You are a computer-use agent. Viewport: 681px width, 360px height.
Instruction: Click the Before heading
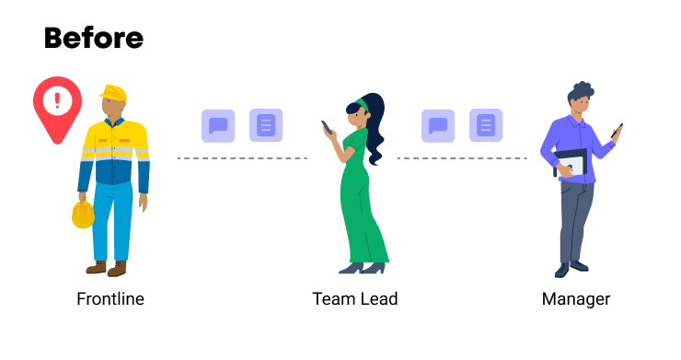pos(94,38)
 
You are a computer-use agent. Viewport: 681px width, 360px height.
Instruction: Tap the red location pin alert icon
pos(57,104)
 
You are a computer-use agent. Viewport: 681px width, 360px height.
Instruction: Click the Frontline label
pos(110,299)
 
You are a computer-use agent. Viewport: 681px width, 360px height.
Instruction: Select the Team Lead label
pos(355,299)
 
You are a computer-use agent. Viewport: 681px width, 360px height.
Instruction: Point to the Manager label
pos(576,299)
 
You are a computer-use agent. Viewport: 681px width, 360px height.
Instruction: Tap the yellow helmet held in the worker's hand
pos(83,215)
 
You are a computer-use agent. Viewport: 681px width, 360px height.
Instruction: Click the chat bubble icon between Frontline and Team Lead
pos(219,125)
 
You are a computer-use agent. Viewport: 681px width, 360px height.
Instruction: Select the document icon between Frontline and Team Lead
pos(266,125)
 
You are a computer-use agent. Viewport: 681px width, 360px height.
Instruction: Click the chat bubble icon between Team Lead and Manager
pos(438,125)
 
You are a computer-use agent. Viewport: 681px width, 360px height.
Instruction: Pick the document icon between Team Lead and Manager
pos(486,125)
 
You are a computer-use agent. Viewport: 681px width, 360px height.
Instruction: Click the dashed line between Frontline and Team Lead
pos(242,158)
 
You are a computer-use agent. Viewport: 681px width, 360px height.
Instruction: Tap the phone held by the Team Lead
pos(326,126)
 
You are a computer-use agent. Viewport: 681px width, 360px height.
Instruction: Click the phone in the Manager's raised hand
pos(617,130)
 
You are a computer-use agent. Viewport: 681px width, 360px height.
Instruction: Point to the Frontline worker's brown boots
pos(106,269)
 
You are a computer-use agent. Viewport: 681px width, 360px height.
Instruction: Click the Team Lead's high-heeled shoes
pos(363,268)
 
